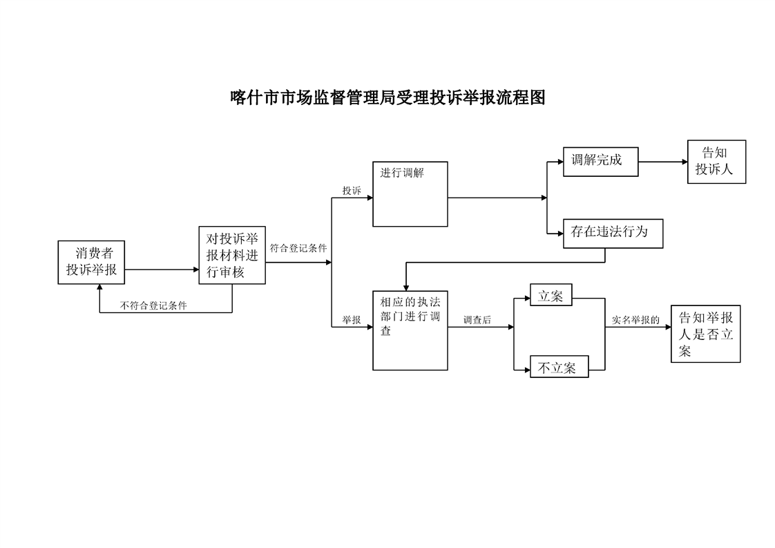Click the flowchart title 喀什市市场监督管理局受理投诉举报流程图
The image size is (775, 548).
(387, 97)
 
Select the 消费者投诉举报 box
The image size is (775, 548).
(92, 262)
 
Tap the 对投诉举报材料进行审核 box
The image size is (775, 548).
(231, 255)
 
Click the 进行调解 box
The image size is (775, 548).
(410, 194)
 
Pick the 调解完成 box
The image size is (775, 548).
(600, 162)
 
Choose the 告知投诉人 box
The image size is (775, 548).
(716, 162)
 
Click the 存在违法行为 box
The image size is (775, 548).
(613, 234)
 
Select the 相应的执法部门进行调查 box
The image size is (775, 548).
(410, 330)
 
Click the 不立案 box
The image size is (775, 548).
(558, 367)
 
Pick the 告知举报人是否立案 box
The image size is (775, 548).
(705, 334)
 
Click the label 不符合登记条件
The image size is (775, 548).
(153, 305)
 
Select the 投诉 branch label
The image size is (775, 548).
(352, 190)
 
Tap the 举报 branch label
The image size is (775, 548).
(352, 320)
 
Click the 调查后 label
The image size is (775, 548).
(477, 320)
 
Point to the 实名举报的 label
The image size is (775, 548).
(635, 320)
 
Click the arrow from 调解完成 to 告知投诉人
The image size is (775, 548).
(663, 162)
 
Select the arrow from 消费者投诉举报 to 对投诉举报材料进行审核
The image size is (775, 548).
(162, 270)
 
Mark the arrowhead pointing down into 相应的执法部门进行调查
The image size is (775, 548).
(405, 285)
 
